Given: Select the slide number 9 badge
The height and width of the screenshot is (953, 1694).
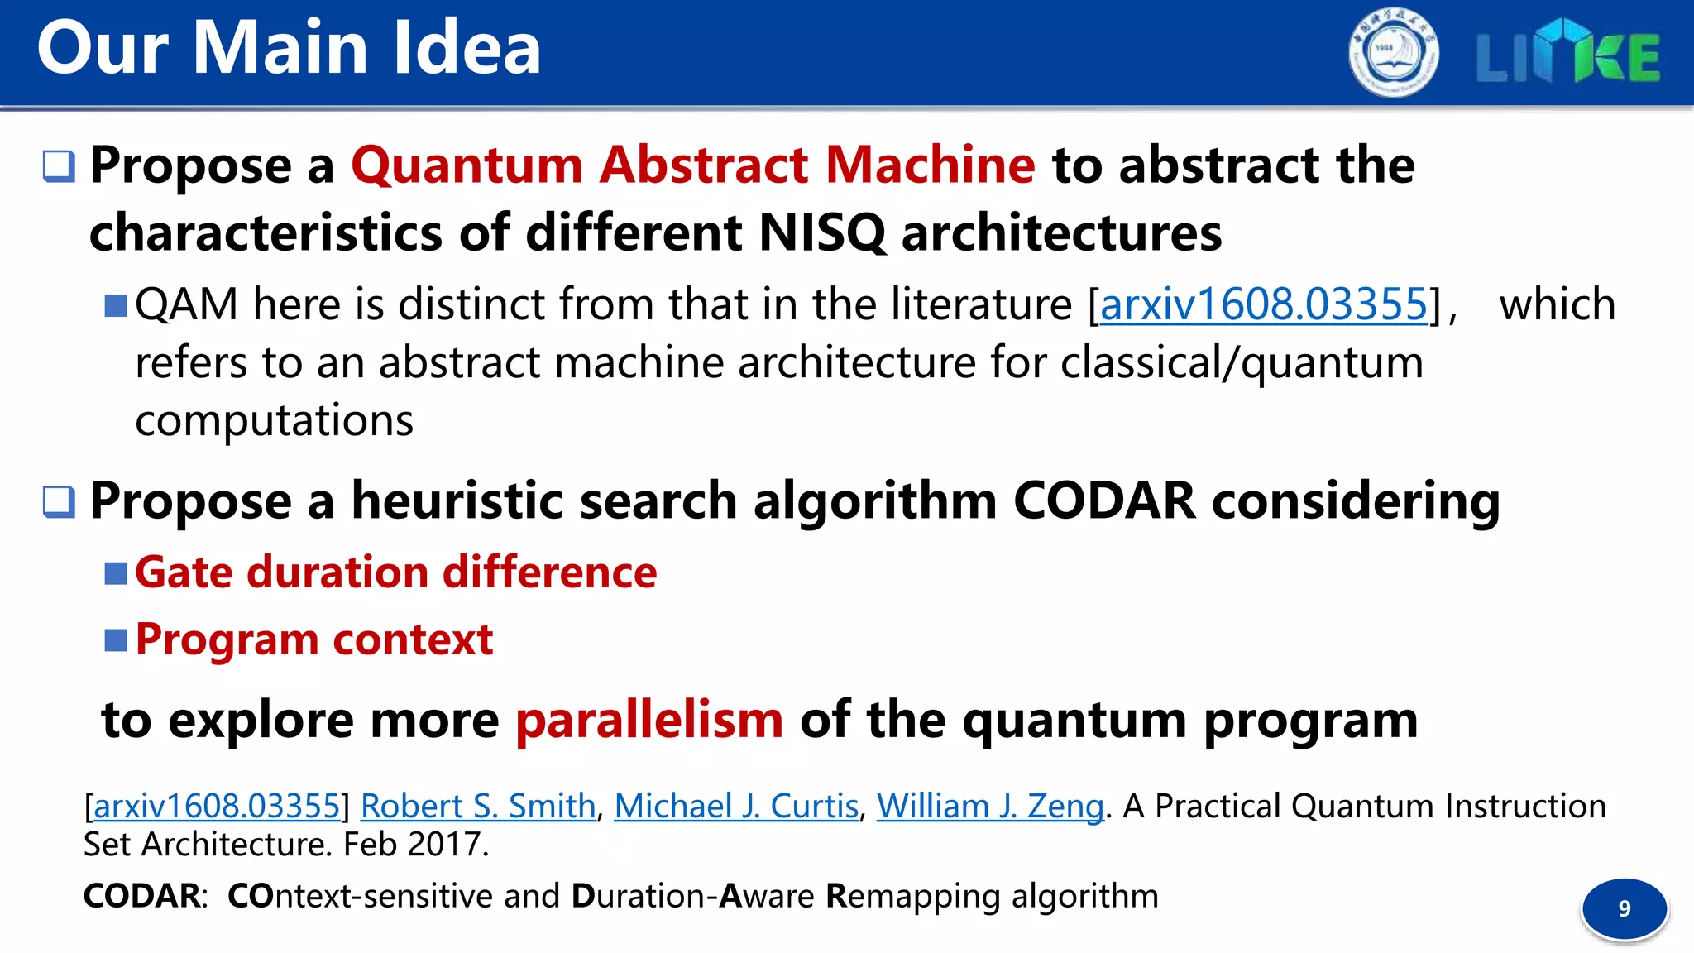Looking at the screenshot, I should click(1624, 908).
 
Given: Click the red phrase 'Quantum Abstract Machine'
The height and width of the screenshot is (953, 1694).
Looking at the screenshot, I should click(692, 165).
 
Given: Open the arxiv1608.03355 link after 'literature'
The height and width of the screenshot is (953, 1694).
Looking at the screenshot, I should click(1264, 304).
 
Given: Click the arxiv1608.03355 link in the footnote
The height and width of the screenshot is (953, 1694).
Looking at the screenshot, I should click(217, 806).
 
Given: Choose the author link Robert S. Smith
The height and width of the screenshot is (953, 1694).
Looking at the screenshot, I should click(478, 806).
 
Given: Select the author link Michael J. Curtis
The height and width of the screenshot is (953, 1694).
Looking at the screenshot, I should click(736, 806).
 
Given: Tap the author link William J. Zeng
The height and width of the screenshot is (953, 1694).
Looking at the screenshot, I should click(990, 806).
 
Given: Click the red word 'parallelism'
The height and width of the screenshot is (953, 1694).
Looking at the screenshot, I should click(649, 720).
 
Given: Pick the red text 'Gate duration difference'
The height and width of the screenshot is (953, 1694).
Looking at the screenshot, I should click(395, 572).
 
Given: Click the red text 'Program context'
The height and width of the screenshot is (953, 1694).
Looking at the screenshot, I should click(314, 639).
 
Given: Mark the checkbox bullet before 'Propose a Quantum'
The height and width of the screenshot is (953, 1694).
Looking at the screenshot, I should click(60, 166).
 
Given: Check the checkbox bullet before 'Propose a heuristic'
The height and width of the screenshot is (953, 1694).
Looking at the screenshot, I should click(60, 501).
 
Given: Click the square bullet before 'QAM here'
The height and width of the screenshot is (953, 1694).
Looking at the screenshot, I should click(116, 306).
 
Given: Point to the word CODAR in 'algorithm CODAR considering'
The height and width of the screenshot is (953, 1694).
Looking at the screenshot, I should click(1104, 500).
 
